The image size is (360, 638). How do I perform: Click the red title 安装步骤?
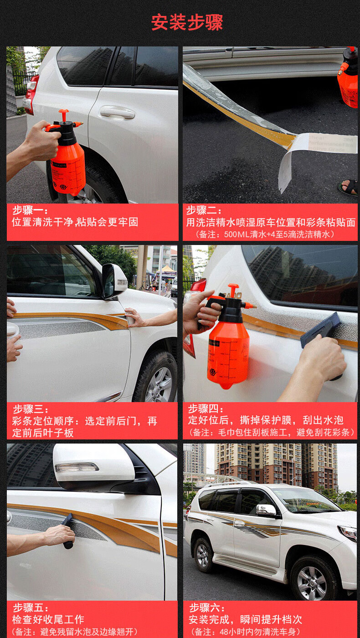(187, 22)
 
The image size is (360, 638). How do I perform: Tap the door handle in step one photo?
(117, 112)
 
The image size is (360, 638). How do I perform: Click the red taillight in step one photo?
(31, 94)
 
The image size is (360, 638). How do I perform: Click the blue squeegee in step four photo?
(320, 330)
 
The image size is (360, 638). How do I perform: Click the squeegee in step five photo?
(68, 531)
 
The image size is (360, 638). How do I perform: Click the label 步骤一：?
(30, 210)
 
